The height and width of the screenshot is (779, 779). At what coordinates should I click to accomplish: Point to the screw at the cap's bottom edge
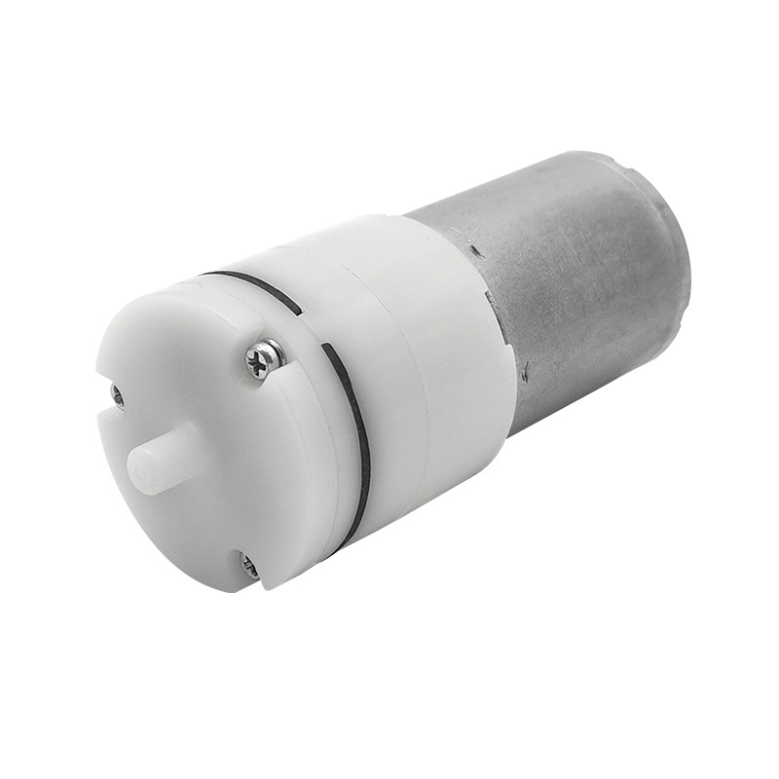pyautogui.click(x=249, y=565)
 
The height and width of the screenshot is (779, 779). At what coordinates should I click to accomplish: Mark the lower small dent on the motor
pyautogui.click(x=527, y=370)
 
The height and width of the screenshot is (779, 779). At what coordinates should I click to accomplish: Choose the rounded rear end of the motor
pyautogui.click(x=672, y=243)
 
